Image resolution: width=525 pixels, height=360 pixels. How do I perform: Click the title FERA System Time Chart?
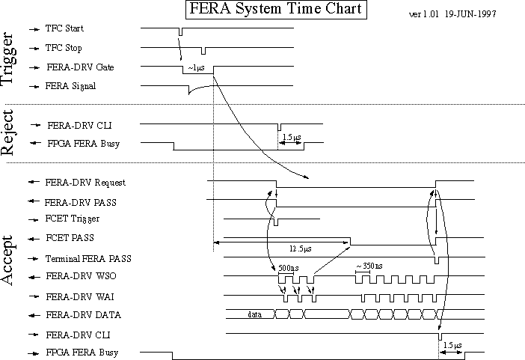275,10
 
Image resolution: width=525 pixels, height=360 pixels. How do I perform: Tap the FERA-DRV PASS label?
80,201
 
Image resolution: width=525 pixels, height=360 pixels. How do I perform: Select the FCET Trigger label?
73,220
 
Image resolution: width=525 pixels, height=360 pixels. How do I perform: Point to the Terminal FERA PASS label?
89,258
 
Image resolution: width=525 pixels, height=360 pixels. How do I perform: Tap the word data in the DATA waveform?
254,314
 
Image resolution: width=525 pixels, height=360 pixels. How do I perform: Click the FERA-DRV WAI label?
79,296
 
